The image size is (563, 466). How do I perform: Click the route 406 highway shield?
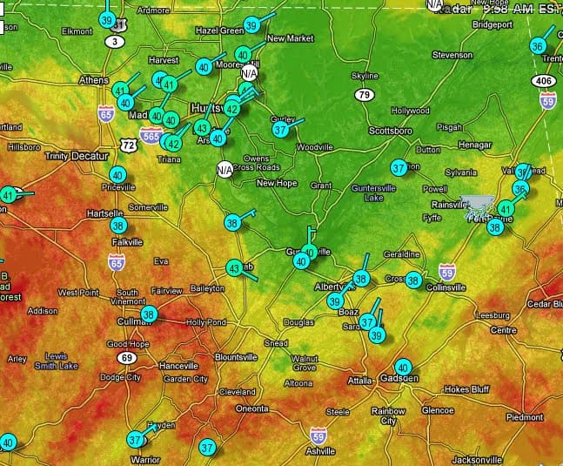point(544,81)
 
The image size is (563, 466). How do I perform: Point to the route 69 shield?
point(127,358)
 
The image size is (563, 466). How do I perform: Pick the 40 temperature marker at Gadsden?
point(402,368)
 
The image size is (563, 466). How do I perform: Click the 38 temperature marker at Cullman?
point(149,314)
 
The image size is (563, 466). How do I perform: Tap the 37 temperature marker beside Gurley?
point(280,129)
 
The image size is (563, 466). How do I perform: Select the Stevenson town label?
point(452,55)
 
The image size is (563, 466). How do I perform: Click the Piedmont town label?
point(524,417)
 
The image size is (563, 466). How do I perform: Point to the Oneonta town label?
point(252,408)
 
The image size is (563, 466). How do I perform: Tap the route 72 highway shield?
point(129,145)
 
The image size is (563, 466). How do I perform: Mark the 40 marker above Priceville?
point(117,175)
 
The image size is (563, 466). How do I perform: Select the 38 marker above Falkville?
point(118,225)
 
